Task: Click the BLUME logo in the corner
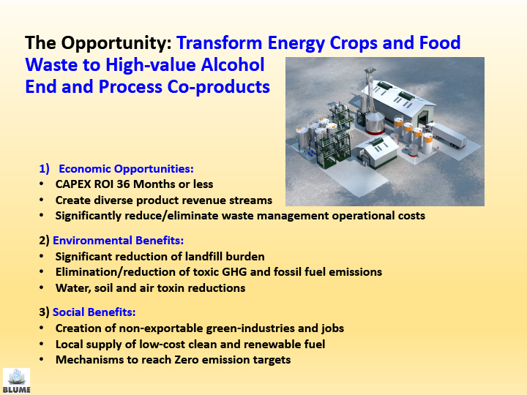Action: point(16,381)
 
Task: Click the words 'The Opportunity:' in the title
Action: point(99,43)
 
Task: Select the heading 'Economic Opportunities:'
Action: point(127,169)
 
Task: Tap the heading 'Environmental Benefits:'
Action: point(119,241)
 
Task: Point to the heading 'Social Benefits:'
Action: point(94,312)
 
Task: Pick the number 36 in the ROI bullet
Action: point(123,184)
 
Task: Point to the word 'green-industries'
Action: point(250,328)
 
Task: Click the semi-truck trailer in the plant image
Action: point(447,135)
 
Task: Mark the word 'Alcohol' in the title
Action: point(233,64)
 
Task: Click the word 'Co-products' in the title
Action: point(218,87)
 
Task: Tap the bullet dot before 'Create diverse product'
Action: point(41,200)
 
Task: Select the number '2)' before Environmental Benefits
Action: point(45,241)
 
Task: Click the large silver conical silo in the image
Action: point(375,122)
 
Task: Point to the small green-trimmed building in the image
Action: point(376,151)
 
